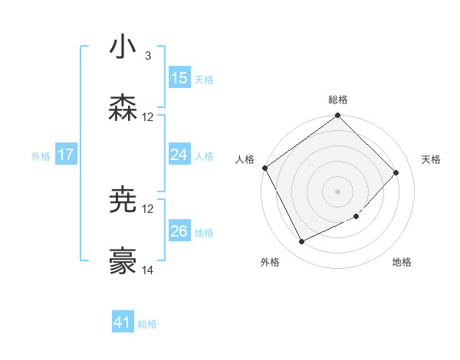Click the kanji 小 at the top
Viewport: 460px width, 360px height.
click(123, 47)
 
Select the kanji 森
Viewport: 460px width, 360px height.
click(123, 108)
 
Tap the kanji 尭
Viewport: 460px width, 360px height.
click(123, 201)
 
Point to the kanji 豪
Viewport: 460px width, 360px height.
click(123, 262)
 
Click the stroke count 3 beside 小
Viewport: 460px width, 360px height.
click(147, 56)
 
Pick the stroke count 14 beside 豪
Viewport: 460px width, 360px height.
click(148, 270)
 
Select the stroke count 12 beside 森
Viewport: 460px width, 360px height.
click(148, 117)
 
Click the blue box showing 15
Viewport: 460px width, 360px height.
click(179, 78)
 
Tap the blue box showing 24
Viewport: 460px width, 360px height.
click(179, 155)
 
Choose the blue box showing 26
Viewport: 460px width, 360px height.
click(179, 231)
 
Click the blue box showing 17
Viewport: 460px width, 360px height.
click(66, 155)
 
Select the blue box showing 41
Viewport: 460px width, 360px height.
click(123, 322)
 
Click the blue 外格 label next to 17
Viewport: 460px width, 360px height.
click(41, 155)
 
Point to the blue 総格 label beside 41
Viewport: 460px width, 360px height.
click(147, 324)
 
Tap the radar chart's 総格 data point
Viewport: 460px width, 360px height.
click(337, 116)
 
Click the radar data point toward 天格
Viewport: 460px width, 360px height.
click(396, 172)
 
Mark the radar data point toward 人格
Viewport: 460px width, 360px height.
click(264, 168)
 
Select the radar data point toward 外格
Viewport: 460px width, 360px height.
click(301, 241)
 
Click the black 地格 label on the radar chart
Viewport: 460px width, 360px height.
click(402, 263)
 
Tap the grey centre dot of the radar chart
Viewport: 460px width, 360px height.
click(337, 191)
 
